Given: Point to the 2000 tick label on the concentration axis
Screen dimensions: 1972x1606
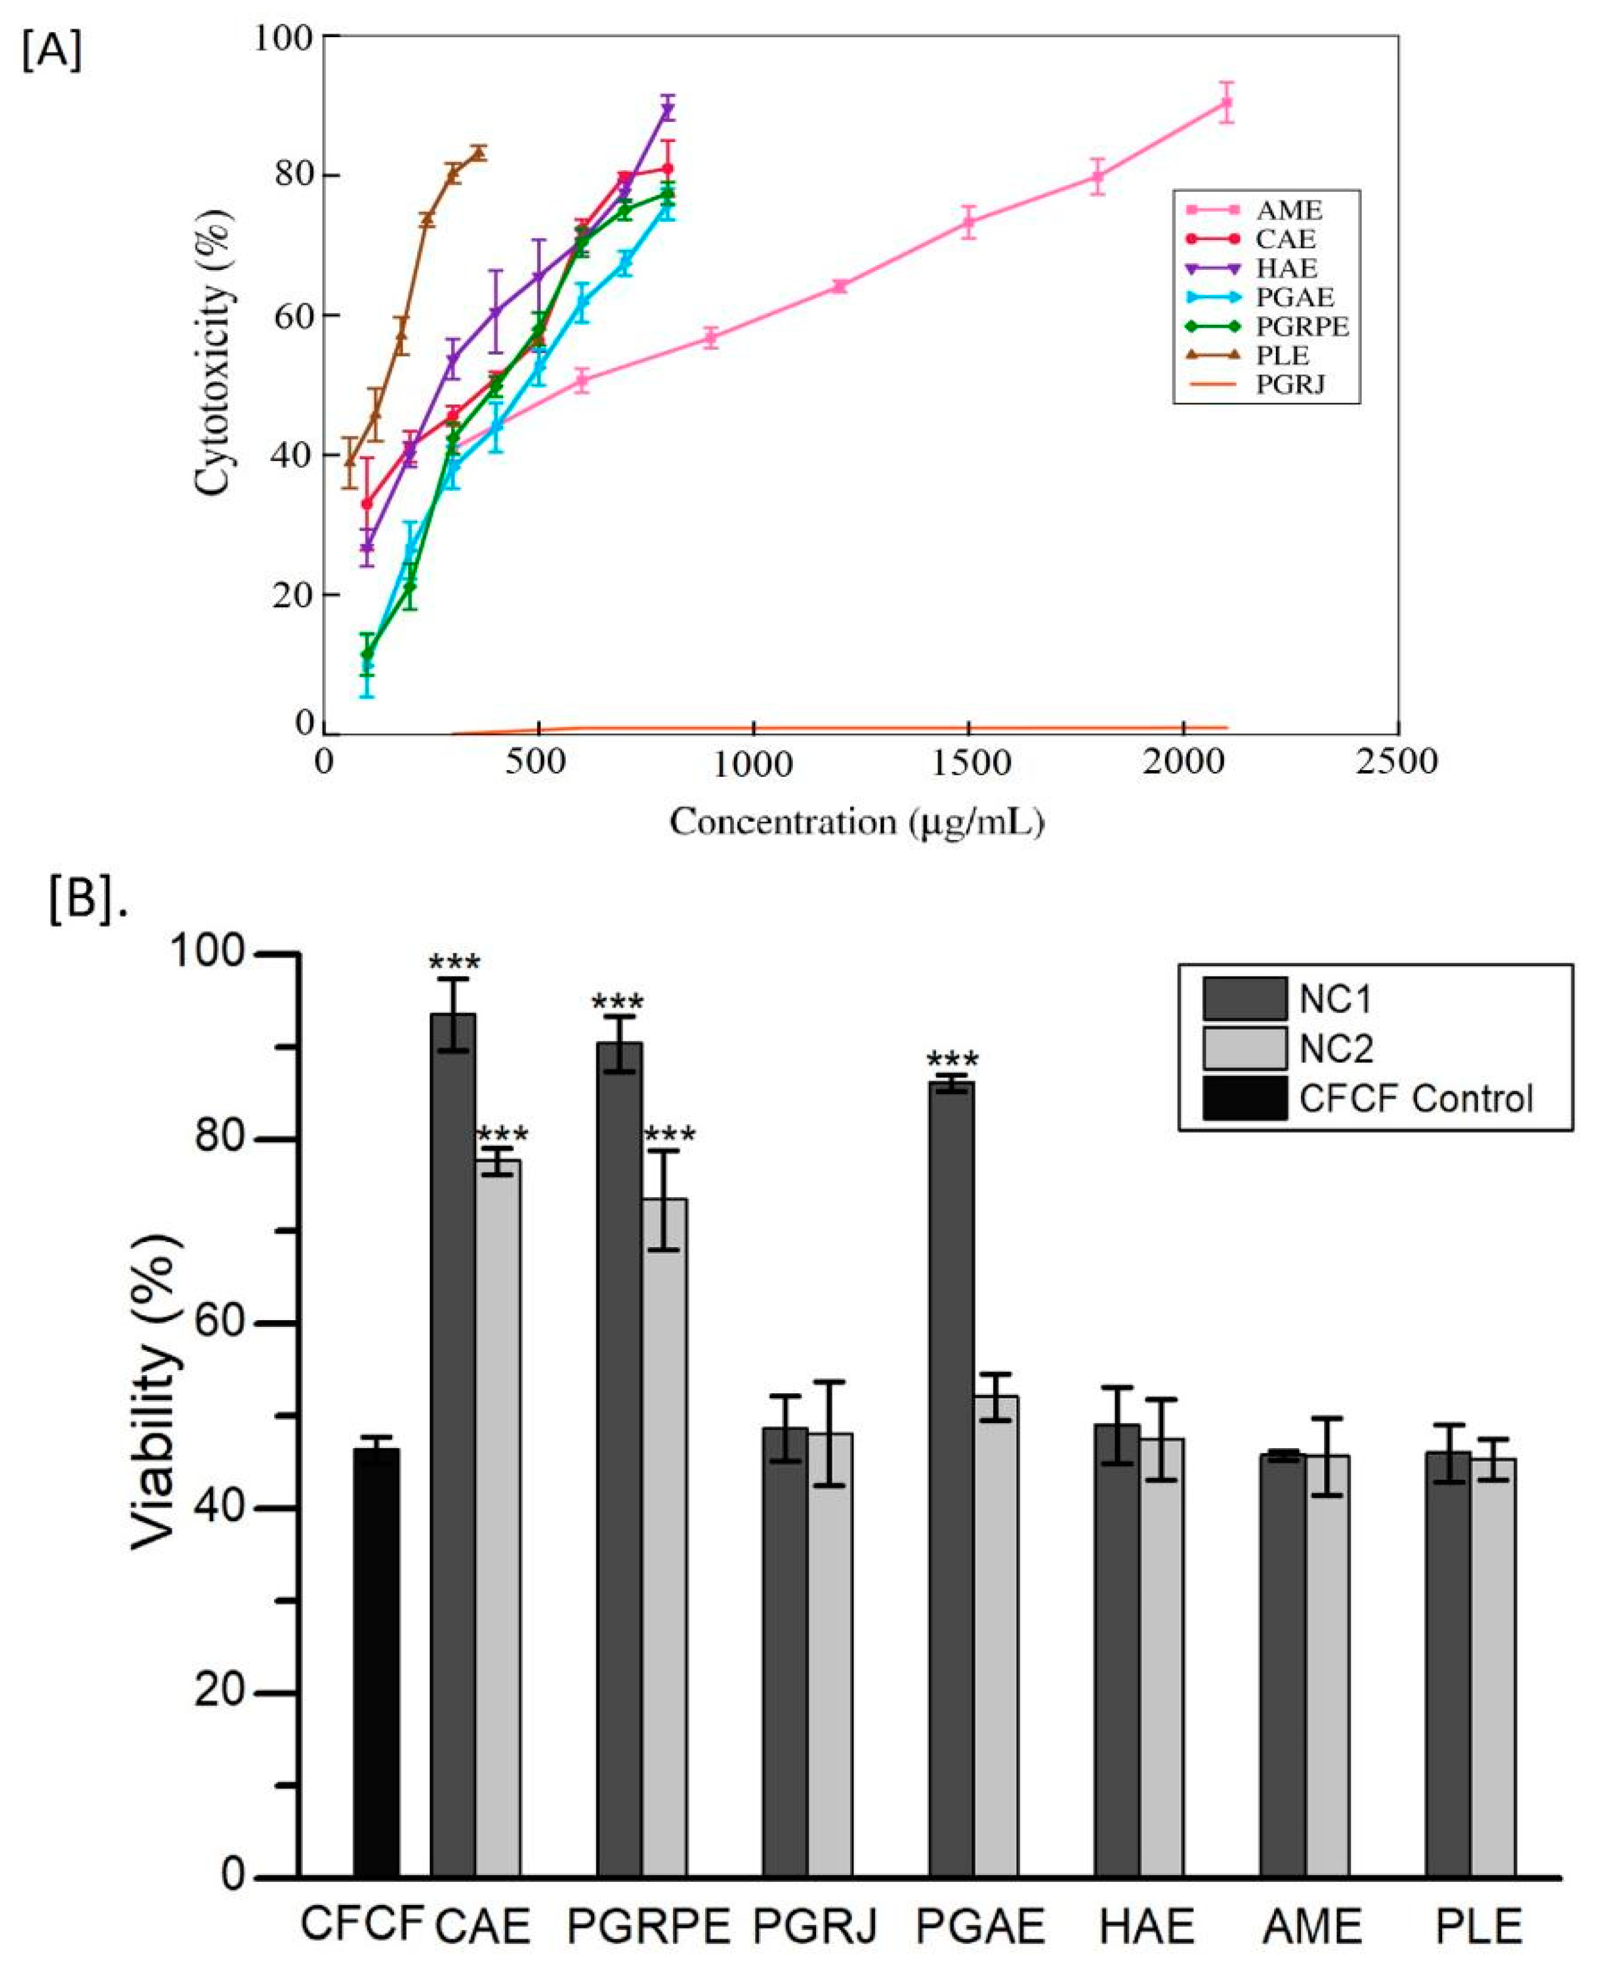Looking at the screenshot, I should (1183, 763).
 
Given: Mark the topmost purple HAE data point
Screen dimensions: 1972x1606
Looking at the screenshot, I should (667, 109).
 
